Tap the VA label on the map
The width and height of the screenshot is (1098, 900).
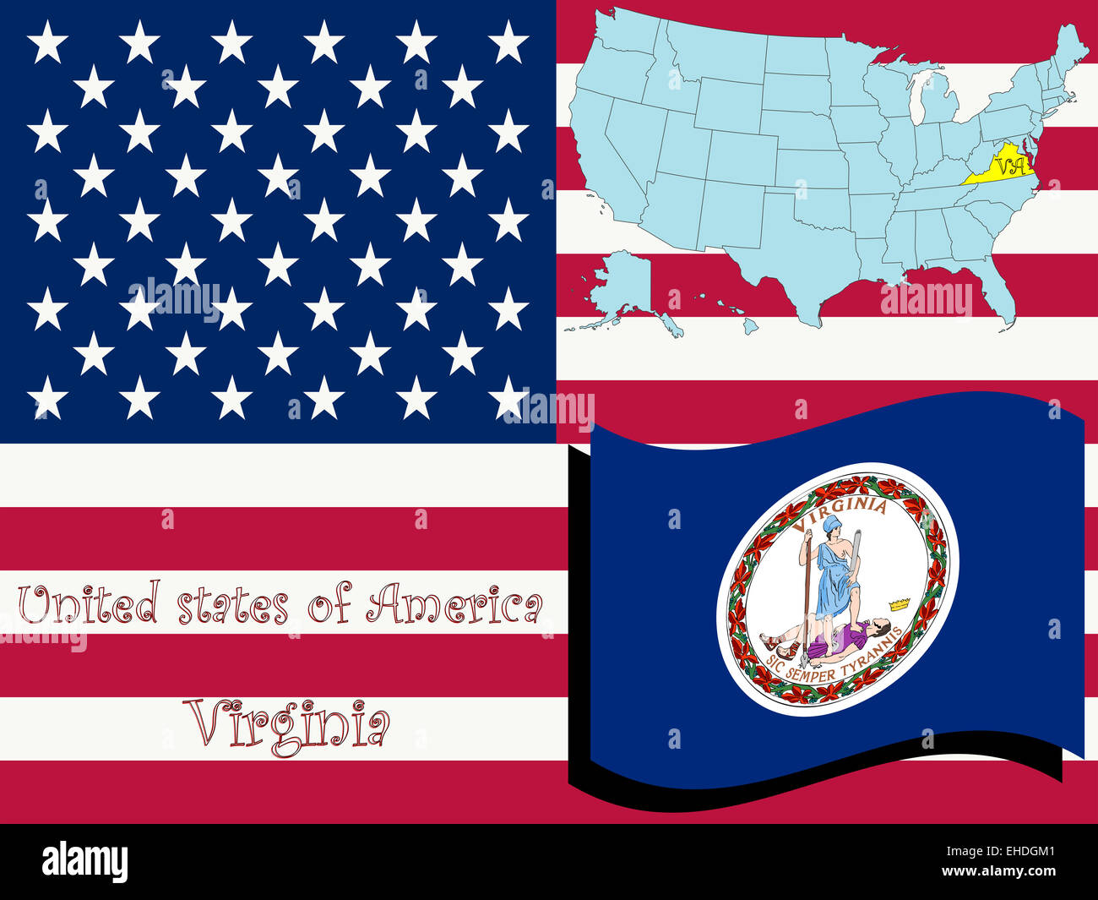[1010, 165]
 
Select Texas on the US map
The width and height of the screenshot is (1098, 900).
[785, 254]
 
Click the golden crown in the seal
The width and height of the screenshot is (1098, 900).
[900, 604]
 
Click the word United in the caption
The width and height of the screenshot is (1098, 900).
[89, 605]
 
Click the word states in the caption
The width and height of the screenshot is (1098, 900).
[232, 607]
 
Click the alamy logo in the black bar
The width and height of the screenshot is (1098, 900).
[85, 862]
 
